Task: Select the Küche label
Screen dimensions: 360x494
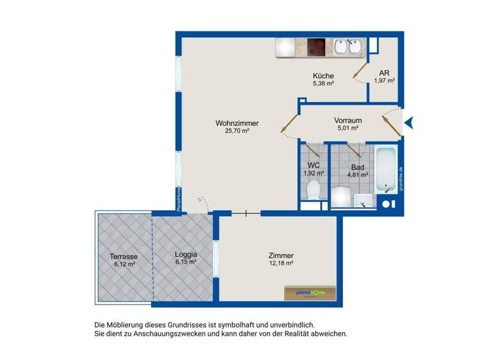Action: [323, 75]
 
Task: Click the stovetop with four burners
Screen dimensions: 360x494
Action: [316, 47]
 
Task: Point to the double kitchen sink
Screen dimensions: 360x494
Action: [348, 47]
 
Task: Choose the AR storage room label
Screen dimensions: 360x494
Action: [384, 73]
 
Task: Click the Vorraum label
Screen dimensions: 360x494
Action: [347, 120]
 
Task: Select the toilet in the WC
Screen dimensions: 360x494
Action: [314, 190]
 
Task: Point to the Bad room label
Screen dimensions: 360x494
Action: [358, 166]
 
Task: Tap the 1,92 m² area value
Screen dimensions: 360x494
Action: [314, 173]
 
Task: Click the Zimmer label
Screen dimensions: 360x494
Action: [281, 255]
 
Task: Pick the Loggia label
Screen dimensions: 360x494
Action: [185, 255]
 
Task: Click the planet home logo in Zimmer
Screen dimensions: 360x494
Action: [309, 292]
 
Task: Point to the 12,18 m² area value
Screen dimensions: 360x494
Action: [281, 264]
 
